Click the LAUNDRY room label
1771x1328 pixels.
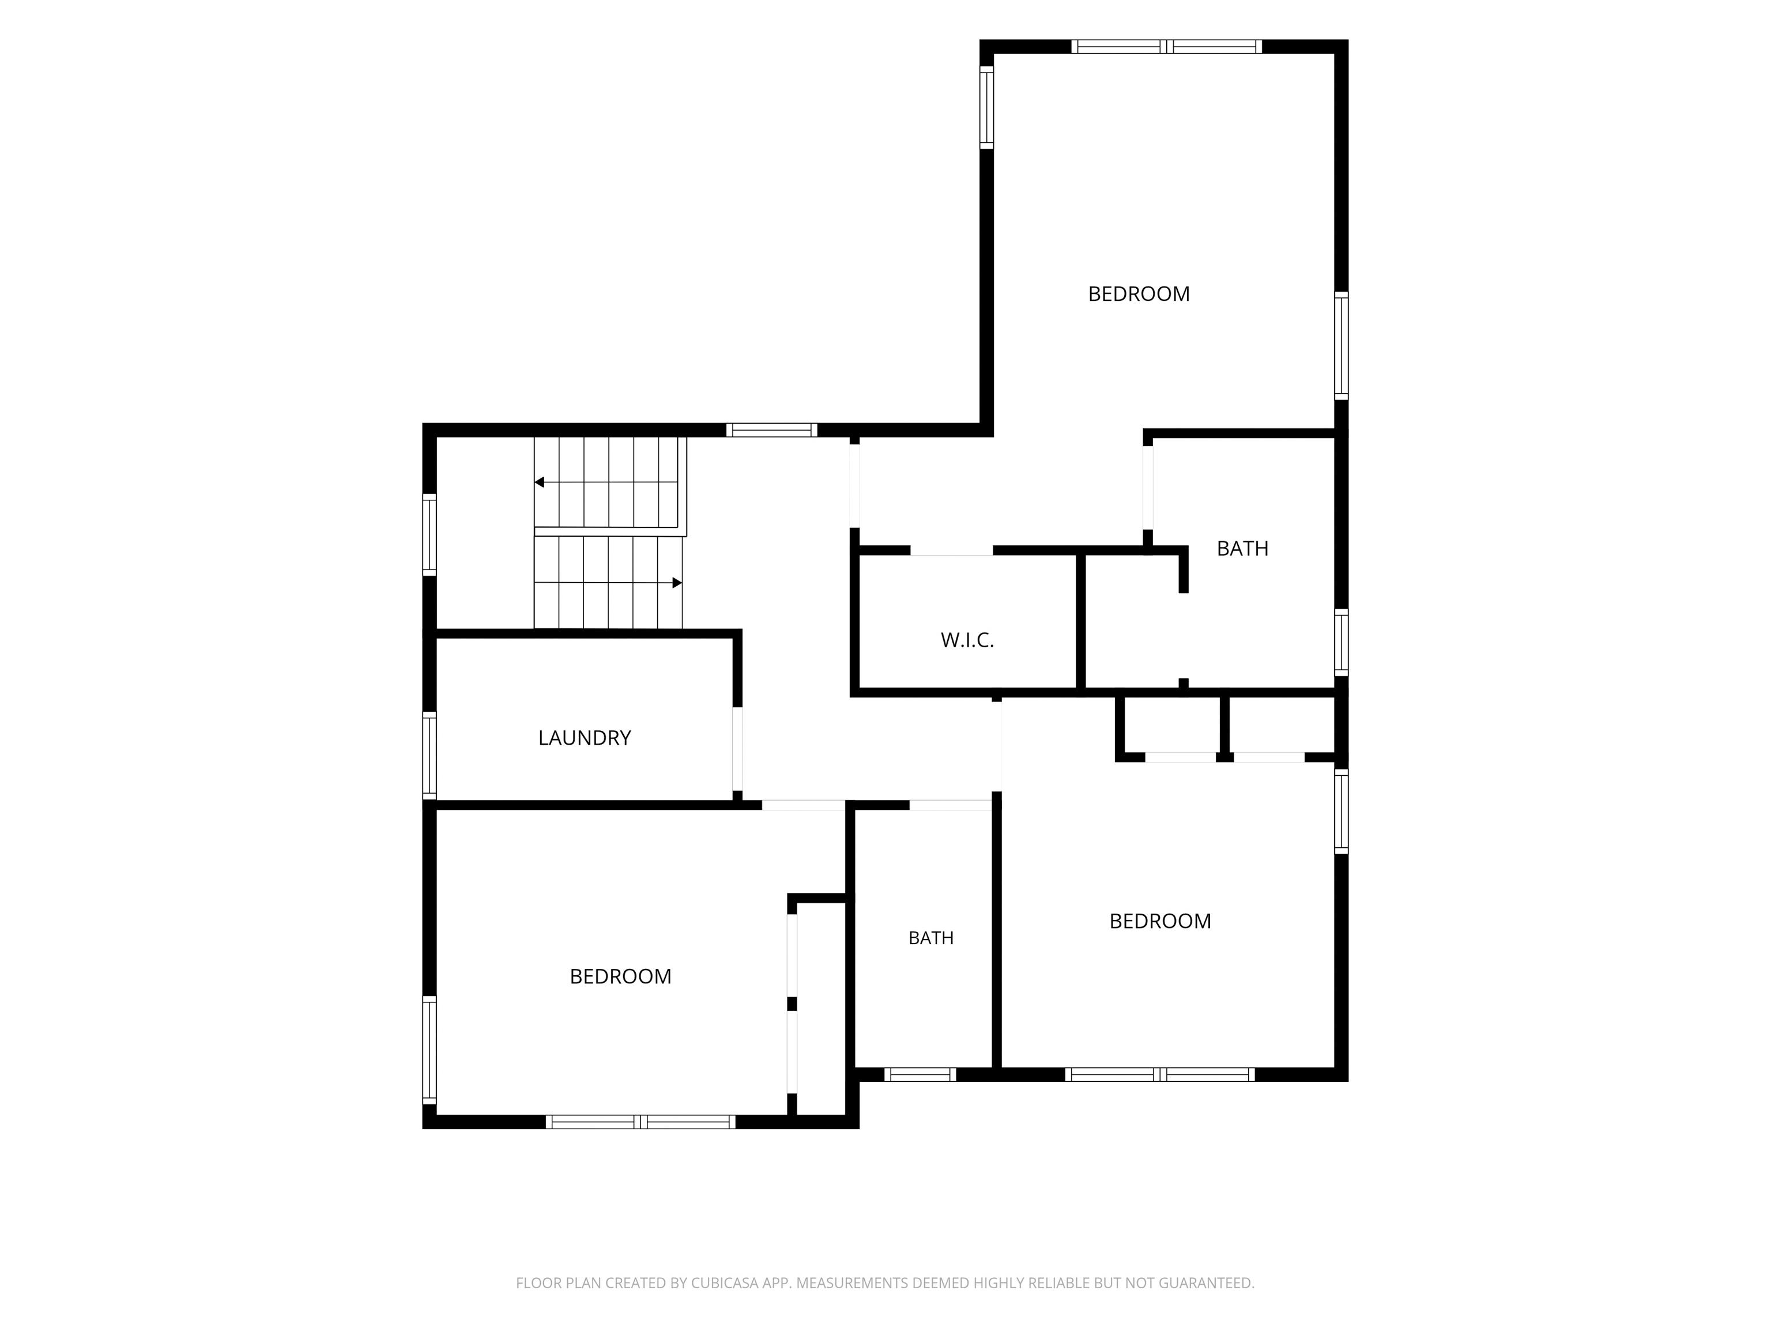pyautogui.click(x=585, y=737)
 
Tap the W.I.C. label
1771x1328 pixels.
pyautogui.click(x=967, y=640)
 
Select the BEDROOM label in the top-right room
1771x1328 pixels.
pyautogui.click(x=1139, y=294)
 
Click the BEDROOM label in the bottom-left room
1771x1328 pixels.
pyautogui.click(x=620, y=976)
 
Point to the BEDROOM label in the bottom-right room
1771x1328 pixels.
pyautogui.click(x=1160, y=921)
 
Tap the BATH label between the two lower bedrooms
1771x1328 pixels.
pyautogui.click(x=931, y=938)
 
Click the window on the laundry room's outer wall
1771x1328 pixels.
pyautogui.click(x=429, y=756)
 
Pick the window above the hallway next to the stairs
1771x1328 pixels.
pyautogui.click(x=772, y=430)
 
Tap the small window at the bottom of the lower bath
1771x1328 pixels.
pyautogui.click(x=920, y=1074)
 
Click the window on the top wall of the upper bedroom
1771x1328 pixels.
pyautogui.click(x=1166, y=47)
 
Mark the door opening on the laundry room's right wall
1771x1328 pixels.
pyautogui.click(x=737, y=749)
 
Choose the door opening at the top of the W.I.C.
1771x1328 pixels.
pyautogui.click(x=952, y=550)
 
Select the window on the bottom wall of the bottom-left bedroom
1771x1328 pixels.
pyautogui.click(x=640, y=1122)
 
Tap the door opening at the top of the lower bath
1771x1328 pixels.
pyautogui.click(x=950, y=805)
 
